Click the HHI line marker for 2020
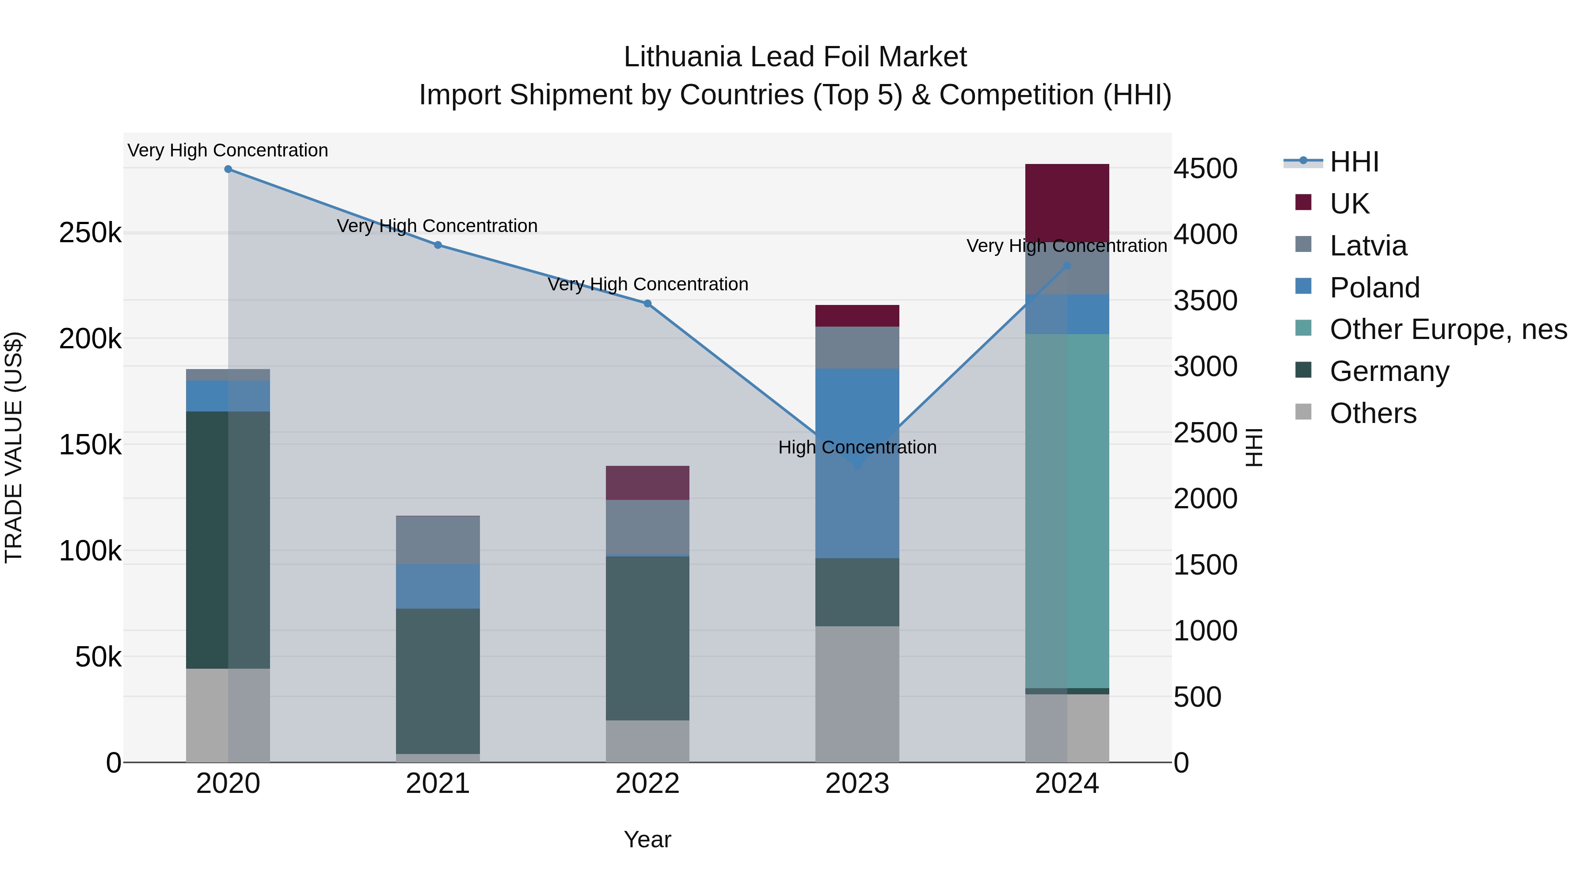coord(228,169)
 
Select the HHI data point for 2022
coord(647,303)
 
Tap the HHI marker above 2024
coord(1067,266)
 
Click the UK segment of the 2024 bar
coord(1067,202)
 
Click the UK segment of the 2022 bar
coord(647,482)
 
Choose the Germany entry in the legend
coord(1389,371)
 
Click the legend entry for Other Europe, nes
coord(1448,329)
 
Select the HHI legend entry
coord(1354,162)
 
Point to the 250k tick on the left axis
coord(90,233)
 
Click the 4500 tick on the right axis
coord(1205,168)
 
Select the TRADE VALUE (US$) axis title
coord(14,447)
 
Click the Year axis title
coord(647,839)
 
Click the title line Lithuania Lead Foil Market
coord(795,57)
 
